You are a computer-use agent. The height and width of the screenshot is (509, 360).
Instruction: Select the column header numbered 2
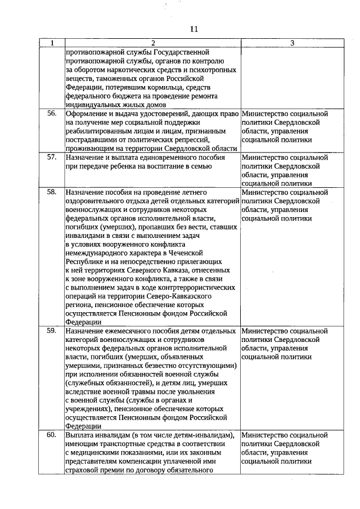[152, 43]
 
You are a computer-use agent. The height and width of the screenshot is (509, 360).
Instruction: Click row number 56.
[52, 114]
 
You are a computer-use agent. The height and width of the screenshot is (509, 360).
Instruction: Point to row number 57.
[52, 157]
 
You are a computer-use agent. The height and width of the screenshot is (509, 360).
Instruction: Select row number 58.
[52, 192]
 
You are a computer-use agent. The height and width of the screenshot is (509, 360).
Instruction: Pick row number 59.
[52, 331]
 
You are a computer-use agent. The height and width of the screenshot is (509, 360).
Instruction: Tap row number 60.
[52, 435]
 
